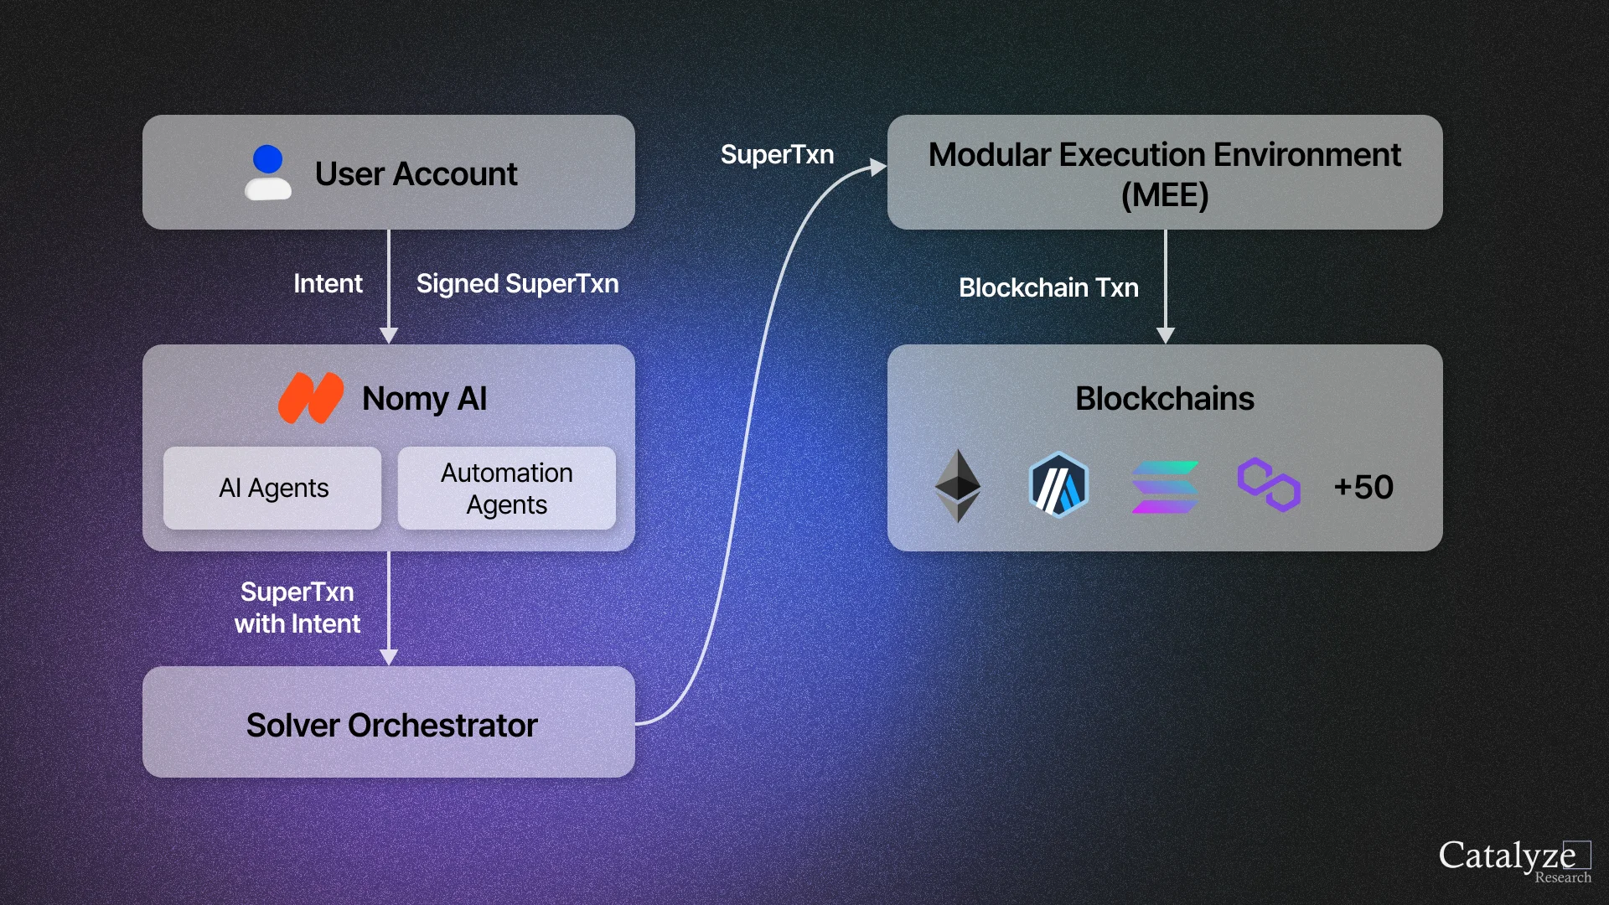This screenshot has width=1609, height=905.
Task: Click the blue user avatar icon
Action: [x=268, y=172]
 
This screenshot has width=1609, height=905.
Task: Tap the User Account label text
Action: [x=416, y=174]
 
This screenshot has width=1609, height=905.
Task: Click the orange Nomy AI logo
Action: [x=311, y=398]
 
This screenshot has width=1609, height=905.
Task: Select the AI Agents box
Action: [x=273, y=488]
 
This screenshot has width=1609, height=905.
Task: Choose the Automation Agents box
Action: [x=506, y=488]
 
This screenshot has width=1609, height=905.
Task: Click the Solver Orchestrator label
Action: [x=391, y=725]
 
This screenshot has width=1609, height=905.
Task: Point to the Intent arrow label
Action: [x=328, y=284]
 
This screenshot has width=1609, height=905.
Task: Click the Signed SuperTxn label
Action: [x=517, y=284]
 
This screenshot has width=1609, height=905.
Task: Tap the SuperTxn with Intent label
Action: [x=297, y=608]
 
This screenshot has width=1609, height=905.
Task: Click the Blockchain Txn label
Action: [x=1048, y=288]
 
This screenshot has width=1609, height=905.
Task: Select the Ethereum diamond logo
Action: [x=957, y=486]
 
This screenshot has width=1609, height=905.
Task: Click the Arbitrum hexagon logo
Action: [x=1058, y=485]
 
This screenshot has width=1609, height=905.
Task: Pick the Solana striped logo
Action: [x=1164, y=487]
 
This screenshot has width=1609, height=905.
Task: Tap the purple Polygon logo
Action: [x=1269, y=484]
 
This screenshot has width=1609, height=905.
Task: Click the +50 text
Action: [x=1363, y=487]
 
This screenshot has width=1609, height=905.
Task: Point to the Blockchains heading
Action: [x=1165, y=399]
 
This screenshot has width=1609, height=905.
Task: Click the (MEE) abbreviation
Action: [x=1165, y=196]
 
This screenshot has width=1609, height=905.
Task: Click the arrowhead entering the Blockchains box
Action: [x=1166, y=335]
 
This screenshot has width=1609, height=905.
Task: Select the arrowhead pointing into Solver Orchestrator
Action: [x=389, y=657]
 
